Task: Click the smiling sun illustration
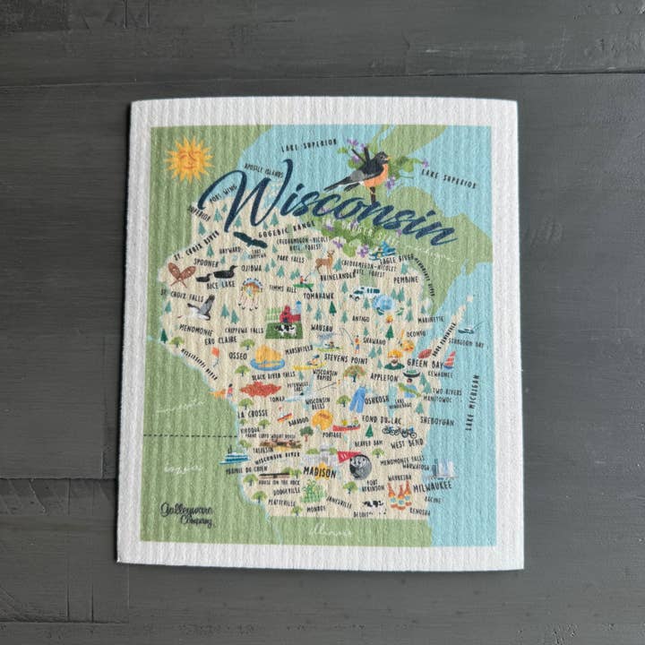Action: coord(188,159)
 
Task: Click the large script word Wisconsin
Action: coord(327,203)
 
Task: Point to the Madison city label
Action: coord(319,471)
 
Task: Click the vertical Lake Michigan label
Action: coord(473,402)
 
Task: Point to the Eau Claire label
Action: coord(220,341)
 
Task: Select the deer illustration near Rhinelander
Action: coord(324,260)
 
